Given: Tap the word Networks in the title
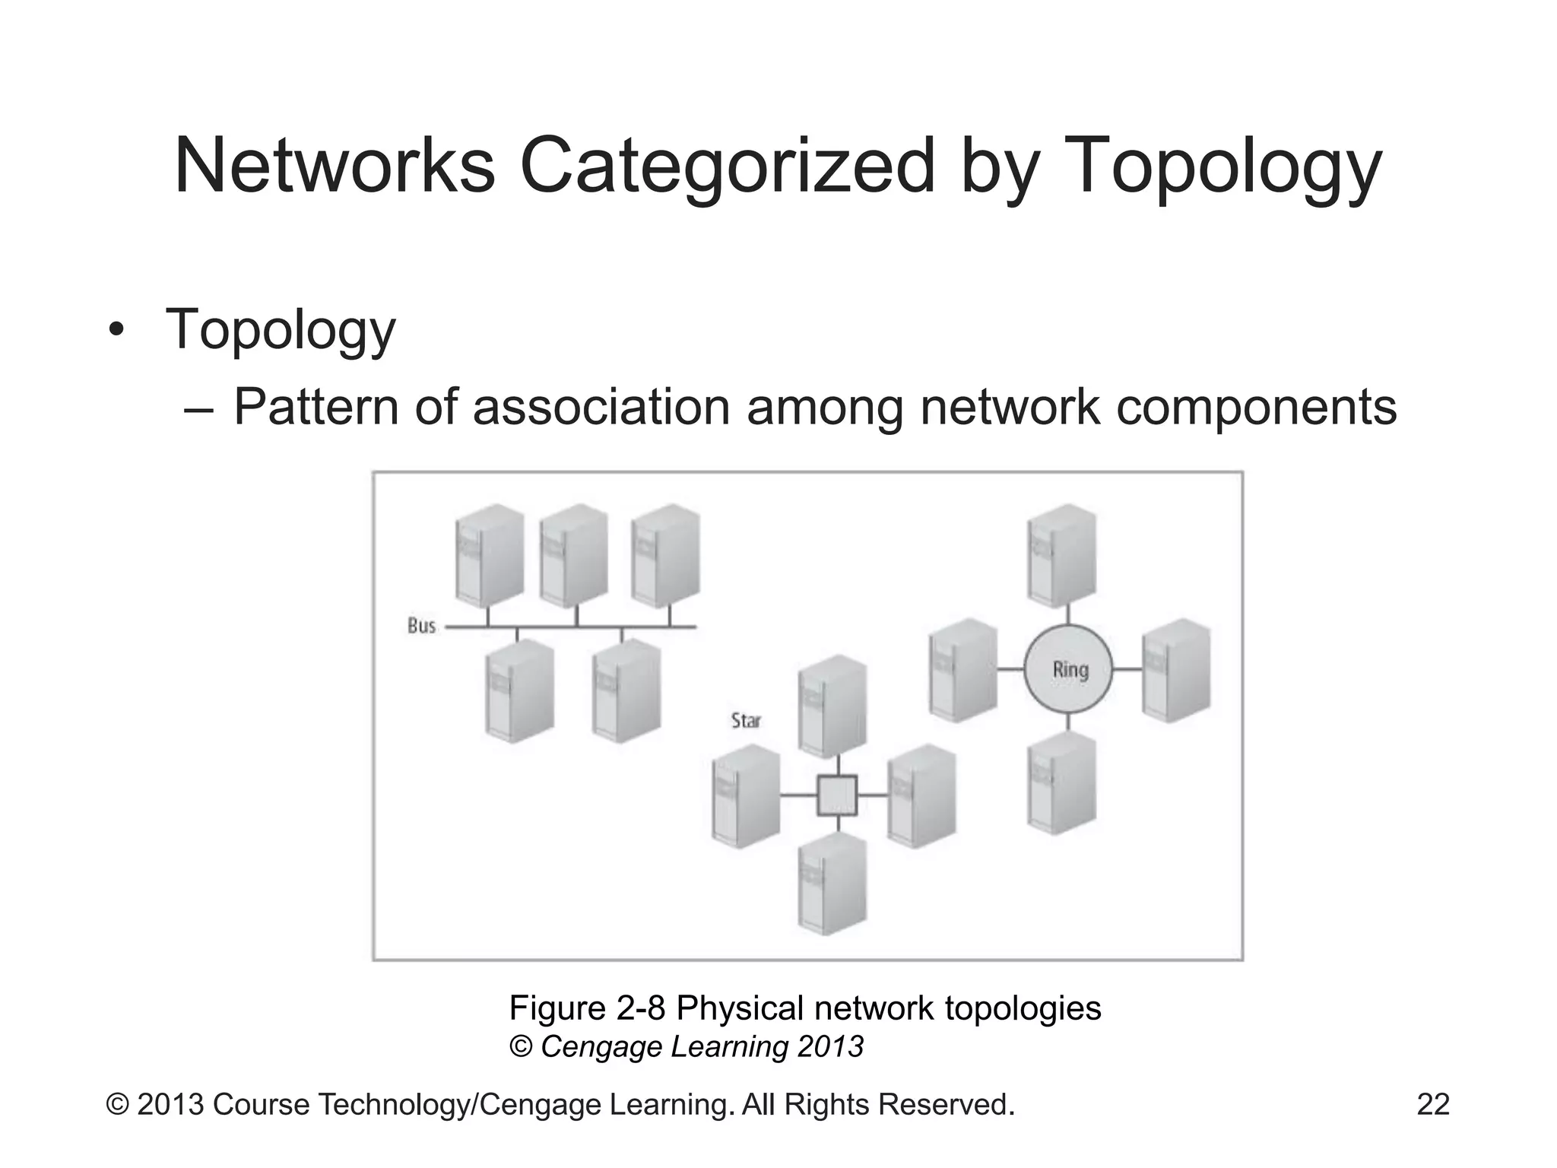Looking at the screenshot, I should tap(335, 166).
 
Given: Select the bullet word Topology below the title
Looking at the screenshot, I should tap(281, 331).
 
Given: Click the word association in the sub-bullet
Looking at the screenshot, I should tap(601, 407).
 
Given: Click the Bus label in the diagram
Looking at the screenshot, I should tap(421, 626).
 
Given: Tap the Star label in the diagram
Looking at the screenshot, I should tap(745, 720).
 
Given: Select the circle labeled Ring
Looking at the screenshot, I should tap(1068, 669).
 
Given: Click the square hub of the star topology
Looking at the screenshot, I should tap(837, 795).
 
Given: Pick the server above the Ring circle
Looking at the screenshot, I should tap(1062, 555).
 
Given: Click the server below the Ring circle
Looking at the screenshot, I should tap(1062, 783).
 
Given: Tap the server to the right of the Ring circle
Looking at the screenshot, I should tap(1176, 670).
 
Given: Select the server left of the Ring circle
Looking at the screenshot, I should tap(962, 670).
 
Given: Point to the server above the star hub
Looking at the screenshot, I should tap(832, 706).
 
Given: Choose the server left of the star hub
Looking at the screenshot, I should tap(746, 795).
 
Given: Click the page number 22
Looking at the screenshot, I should tap(1433, 1104).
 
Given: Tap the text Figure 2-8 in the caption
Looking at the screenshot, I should tap(587, 1008).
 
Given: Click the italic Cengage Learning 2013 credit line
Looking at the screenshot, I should tap(701, 1047).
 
